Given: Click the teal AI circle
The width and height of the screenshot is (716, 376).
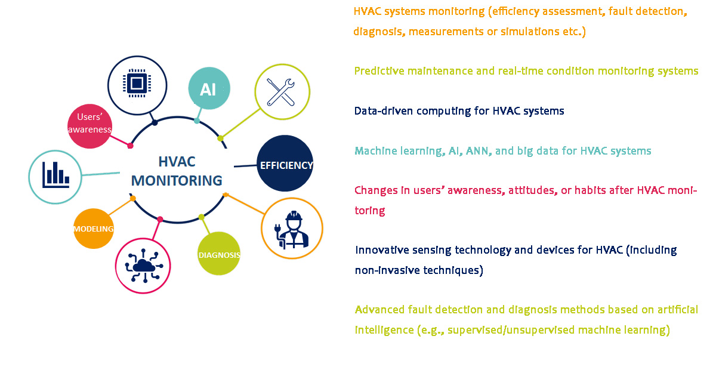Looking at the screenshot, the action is click(209, 88).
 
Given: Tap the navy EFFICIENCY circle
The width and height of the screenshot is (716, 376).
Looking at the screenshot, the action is click(285, 164).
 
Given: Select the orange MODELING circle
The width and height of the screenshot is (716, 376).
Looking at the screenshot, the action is click(94, 229).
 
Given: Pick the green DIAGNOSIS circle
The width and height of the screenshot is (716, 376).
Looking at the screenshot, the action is click(219, 254).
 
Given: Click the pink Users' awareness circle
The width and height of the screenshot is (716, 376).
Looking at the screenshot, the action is click(90, 127).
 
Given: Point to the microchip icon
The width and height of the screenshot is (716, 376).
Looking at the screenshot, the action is click(137, 83).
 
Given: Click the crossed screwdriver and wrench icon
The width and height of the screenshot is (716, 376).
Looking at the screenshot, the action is click(280, 92).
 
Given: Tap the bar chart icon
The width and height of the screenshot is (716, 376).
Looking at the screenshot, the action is click(55, 175).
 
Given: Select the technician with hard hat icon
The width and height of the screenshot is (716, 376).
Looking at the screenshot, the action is click(292, 229).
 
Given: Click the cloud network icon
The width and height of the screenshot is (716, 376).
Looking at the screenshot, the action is click(144, 266).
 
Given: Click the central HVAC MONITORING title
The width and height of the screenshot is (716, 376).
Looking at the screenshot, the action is click(177, 171).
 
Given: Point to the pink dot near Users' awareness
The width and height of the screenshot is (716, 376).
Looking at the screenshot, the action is click(130, 146).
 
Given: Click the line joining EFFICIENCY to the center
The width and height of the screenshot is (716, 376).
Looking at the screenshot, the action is click(245, 166).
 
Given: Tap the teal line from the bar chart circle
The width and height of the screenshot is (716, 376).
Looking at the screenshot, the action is click(100, 174).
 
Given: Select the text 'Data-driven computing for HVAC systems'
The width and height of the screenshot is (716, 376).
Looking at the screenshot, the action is click(459, 111).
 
